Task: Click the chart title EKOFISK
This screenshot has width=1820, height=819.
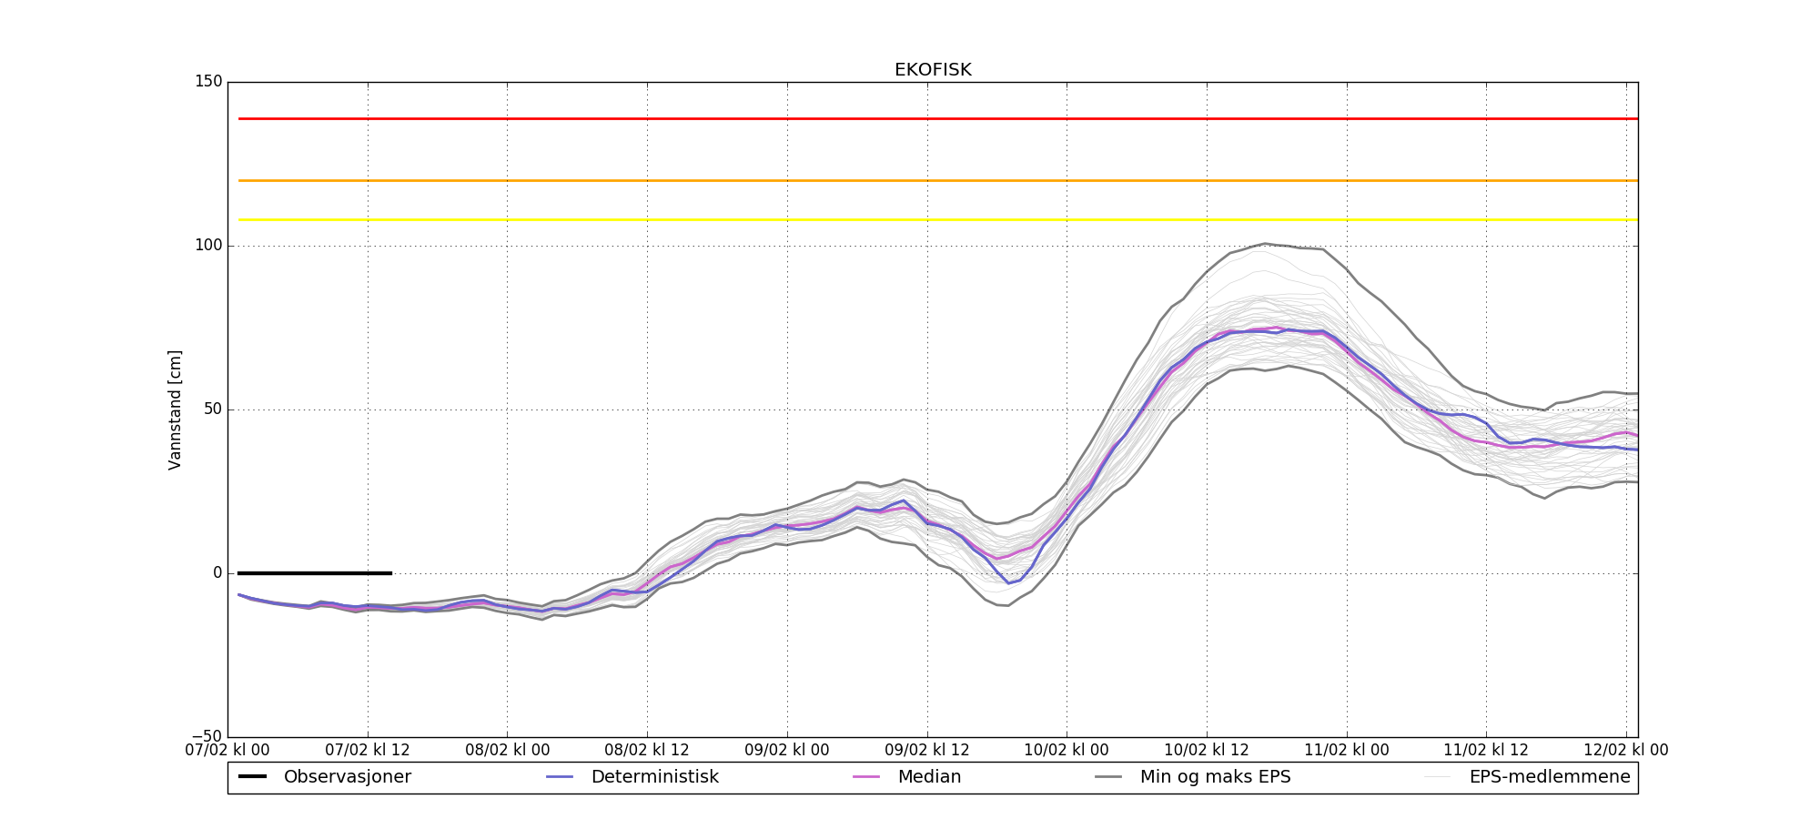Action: click(933, 70)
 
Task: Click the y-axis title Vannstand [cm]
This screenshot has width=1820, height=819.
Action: click(175, 409)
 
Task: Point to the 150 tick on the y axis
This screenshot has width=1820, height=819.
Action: click(207, 82)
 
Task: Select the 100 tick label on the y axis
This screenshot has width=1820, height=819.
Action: click(207, 246)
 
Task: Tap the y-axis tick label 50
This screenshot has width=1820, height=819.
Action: click(212, 409)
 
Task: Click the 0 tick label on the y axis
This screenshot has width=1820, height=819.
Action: click(217, 573)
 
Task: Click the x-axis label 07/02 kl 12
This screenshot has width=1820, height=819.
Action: click(368, 751)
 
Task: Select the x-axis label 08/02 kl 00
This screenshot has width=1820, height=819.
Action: click(508, 751)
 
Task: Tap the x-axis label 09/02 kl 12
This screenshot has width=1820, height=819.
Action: click(927, 751)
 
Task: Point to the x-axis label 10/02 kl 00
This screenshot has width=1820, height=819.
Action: click(1067, 751)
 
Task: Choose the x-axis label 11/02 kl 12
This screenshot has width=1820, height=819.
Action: click(1486, 751)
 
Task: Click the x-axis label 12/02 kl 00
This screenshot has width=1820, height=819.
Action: click(1626, 751)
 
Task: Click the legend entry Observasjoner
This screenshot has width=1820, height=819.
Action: click(347, 777)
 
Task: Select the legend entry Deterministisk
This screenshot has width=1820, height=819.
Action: click(654, 777)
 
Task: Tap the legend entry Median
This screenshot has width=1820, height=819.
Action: click(929, 777)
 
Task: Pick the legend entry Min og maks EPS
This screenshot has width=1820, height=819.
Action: click(1215, 777)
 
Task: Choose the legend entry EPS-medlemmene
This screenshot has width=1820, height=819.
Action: click(1549, 777)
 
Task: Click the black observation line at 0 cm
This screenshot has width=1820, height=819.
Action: click(314, 573)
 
